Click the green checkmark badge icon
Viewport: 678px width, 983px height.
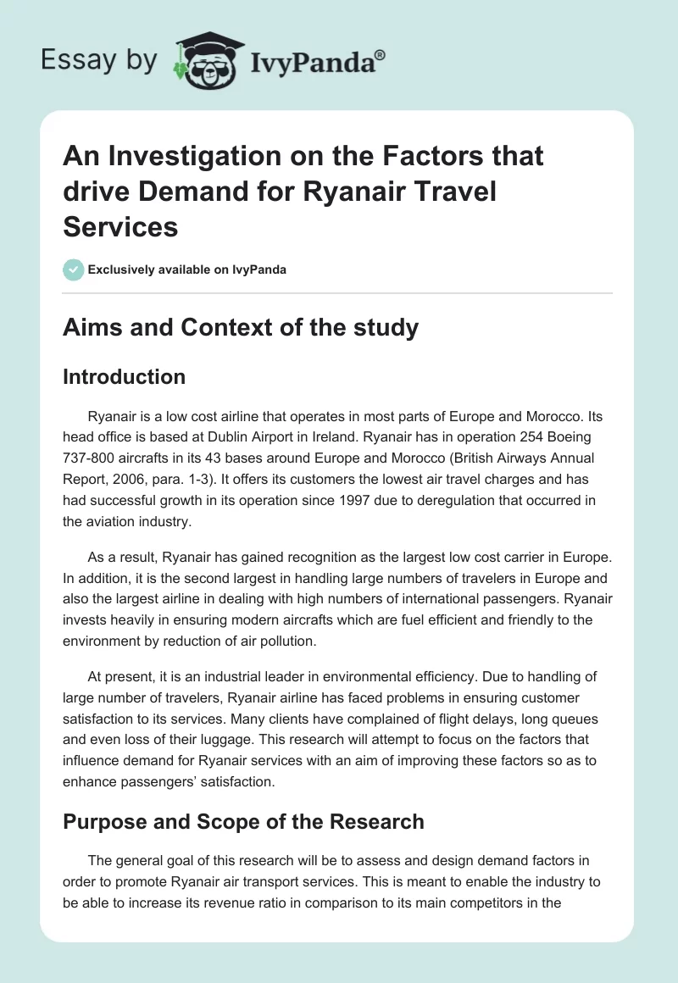point(73,269)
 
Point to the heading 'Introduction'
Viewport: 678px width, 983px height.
point(124,376)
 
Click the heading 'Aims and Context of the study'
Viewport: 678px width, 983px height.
point(241,327)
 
